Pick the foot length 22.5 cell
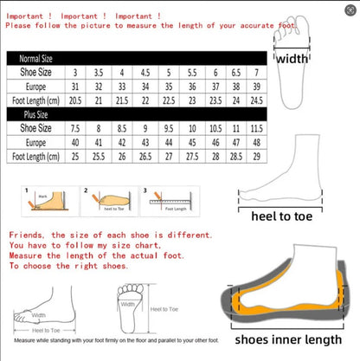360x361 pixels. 169,100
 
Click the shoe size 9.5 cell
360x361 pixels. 169,127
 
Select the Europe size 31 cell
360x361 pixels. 76,87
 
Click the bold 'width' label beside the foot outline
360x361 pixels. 292,59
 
